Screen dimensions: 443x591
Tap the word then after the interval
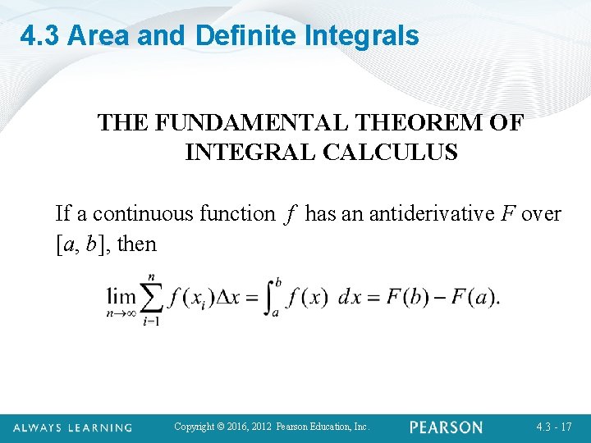pos(137,244)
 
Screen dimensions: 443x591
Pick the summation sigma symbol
pos(151,297)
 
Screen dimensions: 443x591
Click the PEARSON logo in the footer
pos(447,427)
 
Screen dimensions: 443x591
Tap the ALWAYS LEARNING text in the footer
pos(71,427)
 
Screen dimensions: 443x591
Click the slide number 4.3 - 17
pos(553,427)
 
